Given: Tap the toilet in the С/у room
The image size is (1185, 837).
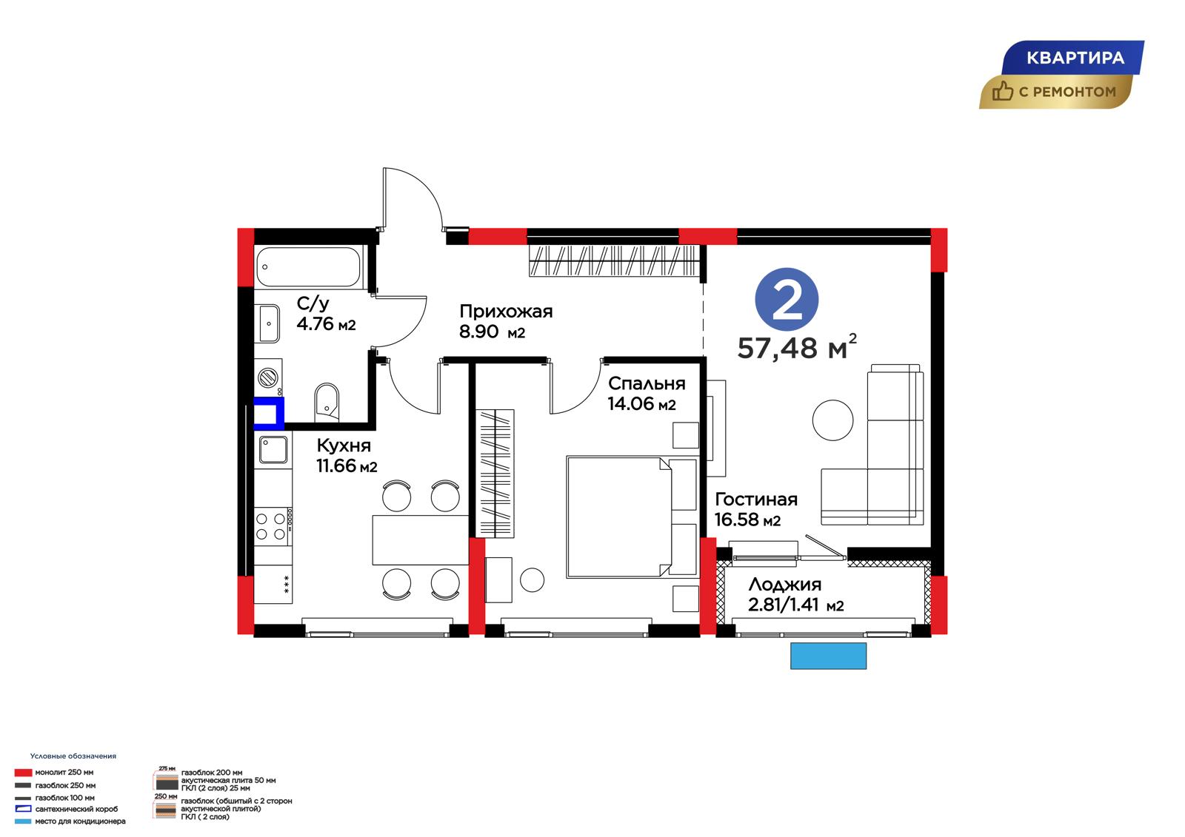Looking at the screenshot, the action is coord(327,403).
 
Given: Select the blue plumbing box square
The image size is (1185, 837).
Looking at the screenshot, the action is coord(269,412).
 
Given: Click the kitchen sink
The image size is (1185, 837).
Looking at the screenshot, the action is coord(273,449).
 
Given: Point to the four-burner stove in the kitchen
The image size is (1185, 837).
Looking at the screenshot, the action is coord(273,526).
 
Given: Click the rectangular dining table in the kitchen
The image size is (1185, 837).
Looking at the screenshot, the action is coord(421,539).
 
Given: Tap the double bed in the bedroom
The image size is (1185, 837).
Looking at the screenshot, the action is coord(632,517).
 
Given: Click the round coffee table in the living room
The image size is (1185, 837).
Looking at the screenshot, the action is coord(832,420).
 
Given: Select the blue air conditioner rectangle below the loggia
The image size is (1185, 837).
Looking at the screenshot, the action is coord(829,656).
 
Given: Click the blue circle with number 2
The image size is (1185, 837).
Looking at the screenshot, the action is coord(787,300).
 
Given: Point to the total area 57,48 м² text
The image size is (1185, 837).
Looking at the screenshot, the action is coord(797,347).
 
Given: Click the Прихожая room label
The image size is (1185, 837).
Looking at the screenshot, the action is coord(506,312).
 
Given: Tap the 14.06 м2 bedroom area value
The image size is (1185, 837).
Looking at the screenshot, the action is coord(641,404).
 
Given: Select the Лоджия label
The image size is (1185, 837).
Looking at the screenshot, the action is coord(785,584).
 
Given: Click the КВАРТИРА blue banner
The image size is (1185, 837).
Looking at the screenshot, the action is coord(1073,58).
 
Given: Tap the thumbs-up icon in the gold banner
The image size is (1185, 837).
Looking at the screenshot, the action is coord(1002,91).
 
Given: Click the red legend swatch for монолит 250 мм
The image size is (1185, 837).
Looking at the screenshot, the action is coord(23,773).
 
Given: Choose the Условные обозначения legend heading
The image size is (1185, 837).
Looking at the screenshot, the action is coord(73,756).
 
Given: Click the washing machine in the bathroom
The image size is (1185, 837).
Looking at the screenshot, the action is coord(268,377).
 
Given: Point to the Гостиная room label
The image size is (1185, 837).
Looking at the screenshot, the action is coord(756,499).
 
